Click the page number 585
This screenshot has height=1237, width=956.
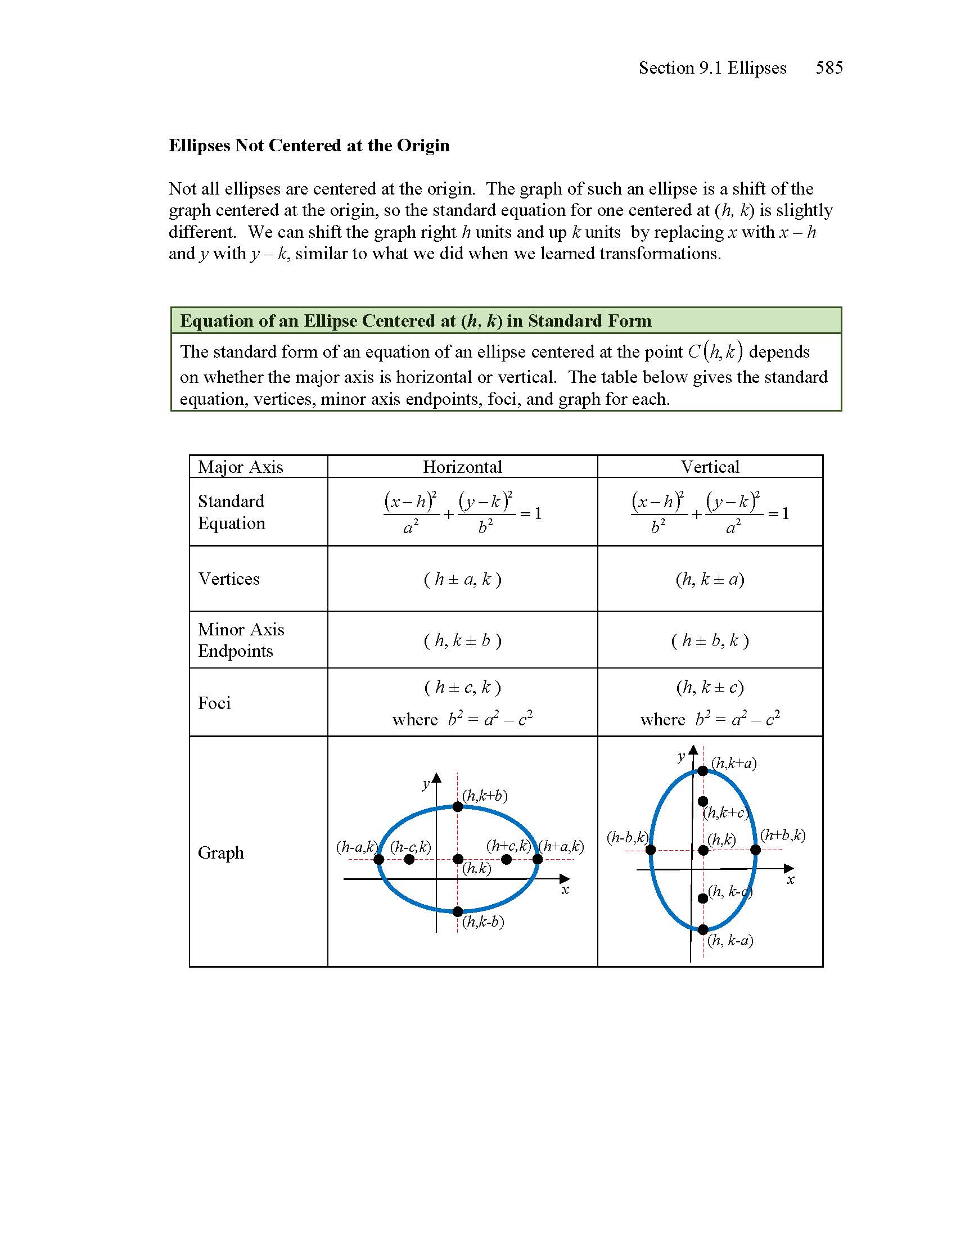pyautogui.click(x=828, y=68)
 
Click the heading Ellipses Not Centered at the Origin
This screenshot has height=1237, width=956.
pyautogui.click(x=309, y=146)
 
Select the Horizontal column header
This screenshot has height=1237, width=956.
pyautogui.click(x=462, y=467)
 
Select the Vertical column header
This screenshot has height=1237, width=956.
pyautogui.click(x=710, y=467)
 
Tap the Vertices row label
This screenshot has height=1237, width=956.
pyautogui.click(x=229, y=579)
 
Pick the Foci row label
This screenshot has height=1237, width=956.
pyautogui.click(x=214, y=703)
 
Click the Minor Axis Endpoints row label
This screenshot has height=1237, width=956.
pyautogui.click(x=241, y=640)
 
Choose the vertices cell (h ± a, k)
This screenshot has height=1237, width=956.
pyautogui.click(x=462, y=579)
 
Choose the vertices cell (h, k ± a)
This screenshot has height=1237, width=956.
pyautogui.click(x=710, y=579)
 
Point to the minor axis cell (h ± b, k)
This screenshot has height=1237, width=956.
pyautogui.click(x=710, y=640)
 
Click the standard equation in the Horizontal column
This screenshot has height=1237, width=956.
pyautogui.click(x=462, y=513)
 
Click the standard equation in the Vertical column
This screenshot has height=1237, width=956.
pyautogui.click(x=710, y=513)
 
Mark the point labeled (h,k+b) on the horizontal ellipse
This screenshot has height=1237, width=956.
pyautogui.click(x=458, y=806)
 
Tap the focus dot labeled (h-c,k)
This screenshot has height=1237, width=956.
pyautogui.click(x=409, y=860)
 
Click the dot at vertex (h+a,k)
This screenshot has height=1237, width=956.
pyautogui.click(x=538, y=859)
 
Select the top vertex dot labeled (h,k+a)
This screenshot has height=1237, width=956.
pyautogui.click(x=703, y=771)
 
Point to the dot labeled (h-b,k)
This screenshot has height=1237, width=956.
pyautogui.click(x=651, y=850)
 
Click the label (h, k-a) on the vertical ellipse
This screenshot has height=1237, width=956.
pyautogui.click(x=730, y=941)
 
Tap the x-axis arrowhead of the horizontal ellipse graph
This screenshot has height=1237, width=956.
pyautogui.click(x=564, y=879)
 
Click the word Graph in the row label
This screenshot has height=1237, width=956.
pyautogui.click(x=221, y=852)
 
